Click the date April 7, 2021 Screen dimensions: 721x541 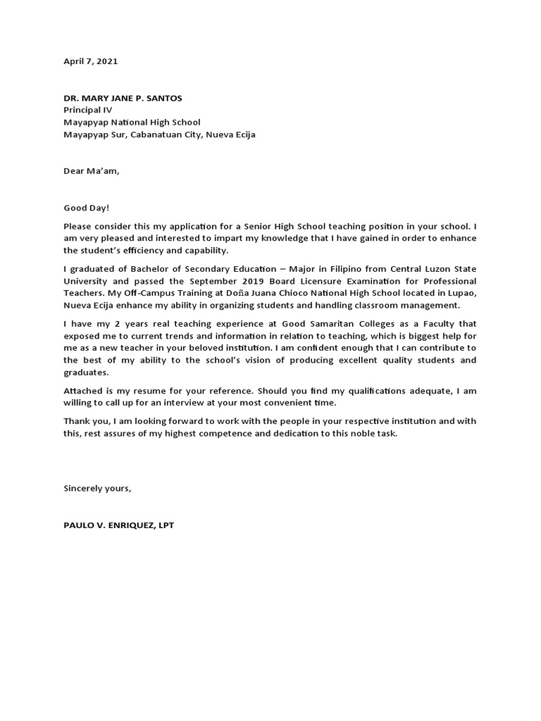click(x=91, y=61)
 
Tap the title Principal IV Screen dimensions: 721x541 click(x=87, y=111)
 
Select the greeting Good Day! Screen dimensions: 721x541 click(x=87, y=208)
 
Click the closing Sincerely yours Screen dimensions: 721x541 click(x=97, y=488)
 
